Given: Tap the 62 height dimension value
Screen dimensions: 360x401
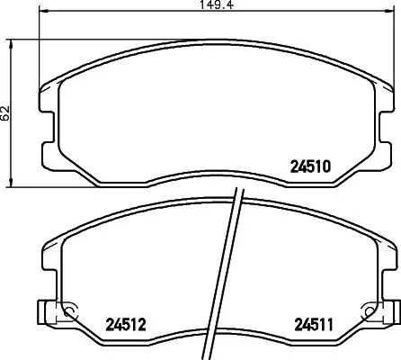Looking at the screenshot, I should click(x=6, y=113).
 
